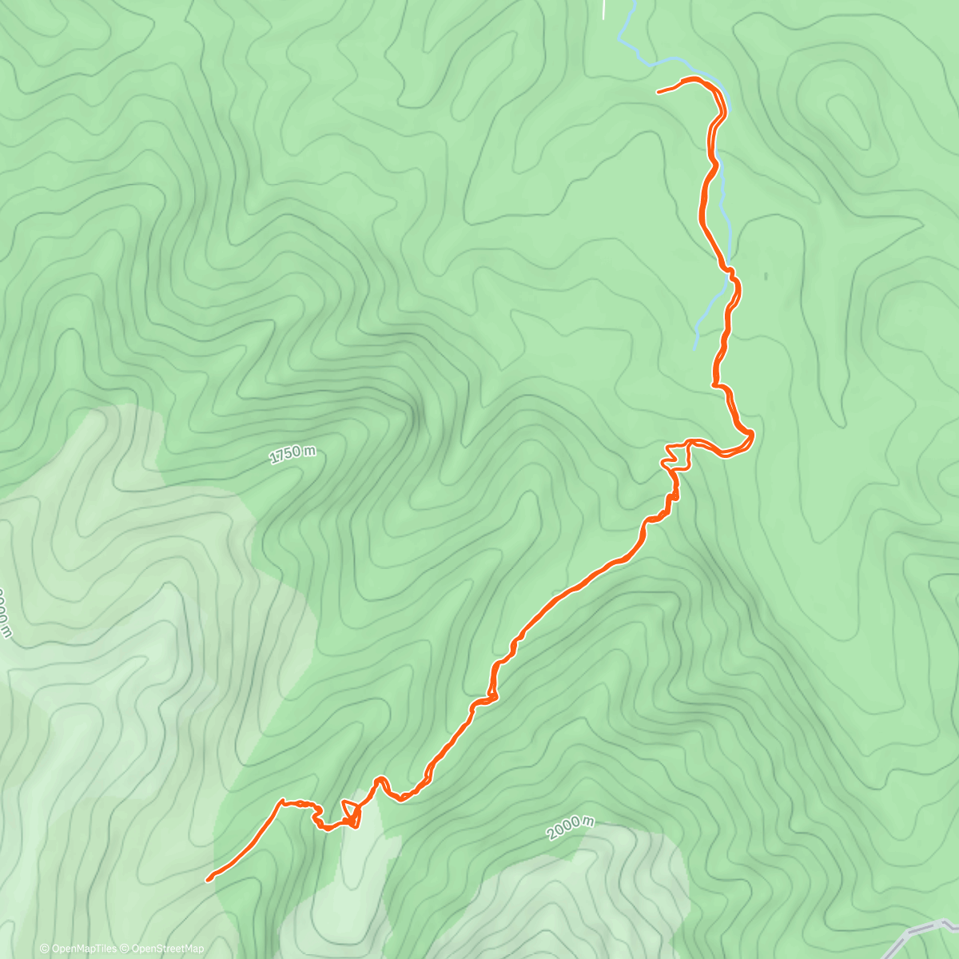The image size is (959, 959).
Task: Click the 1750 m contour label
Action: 292,454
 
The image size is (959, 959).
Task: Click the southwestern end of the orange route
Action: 209,880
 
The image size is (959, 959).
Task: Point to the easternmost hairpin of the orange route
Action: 751,435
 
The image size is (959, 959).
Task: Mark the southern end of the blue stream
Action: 695,348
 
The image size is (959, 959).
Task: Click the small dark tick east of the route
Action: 766,277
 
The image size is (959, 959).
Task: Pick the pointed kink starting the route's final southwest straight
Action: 281,800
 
